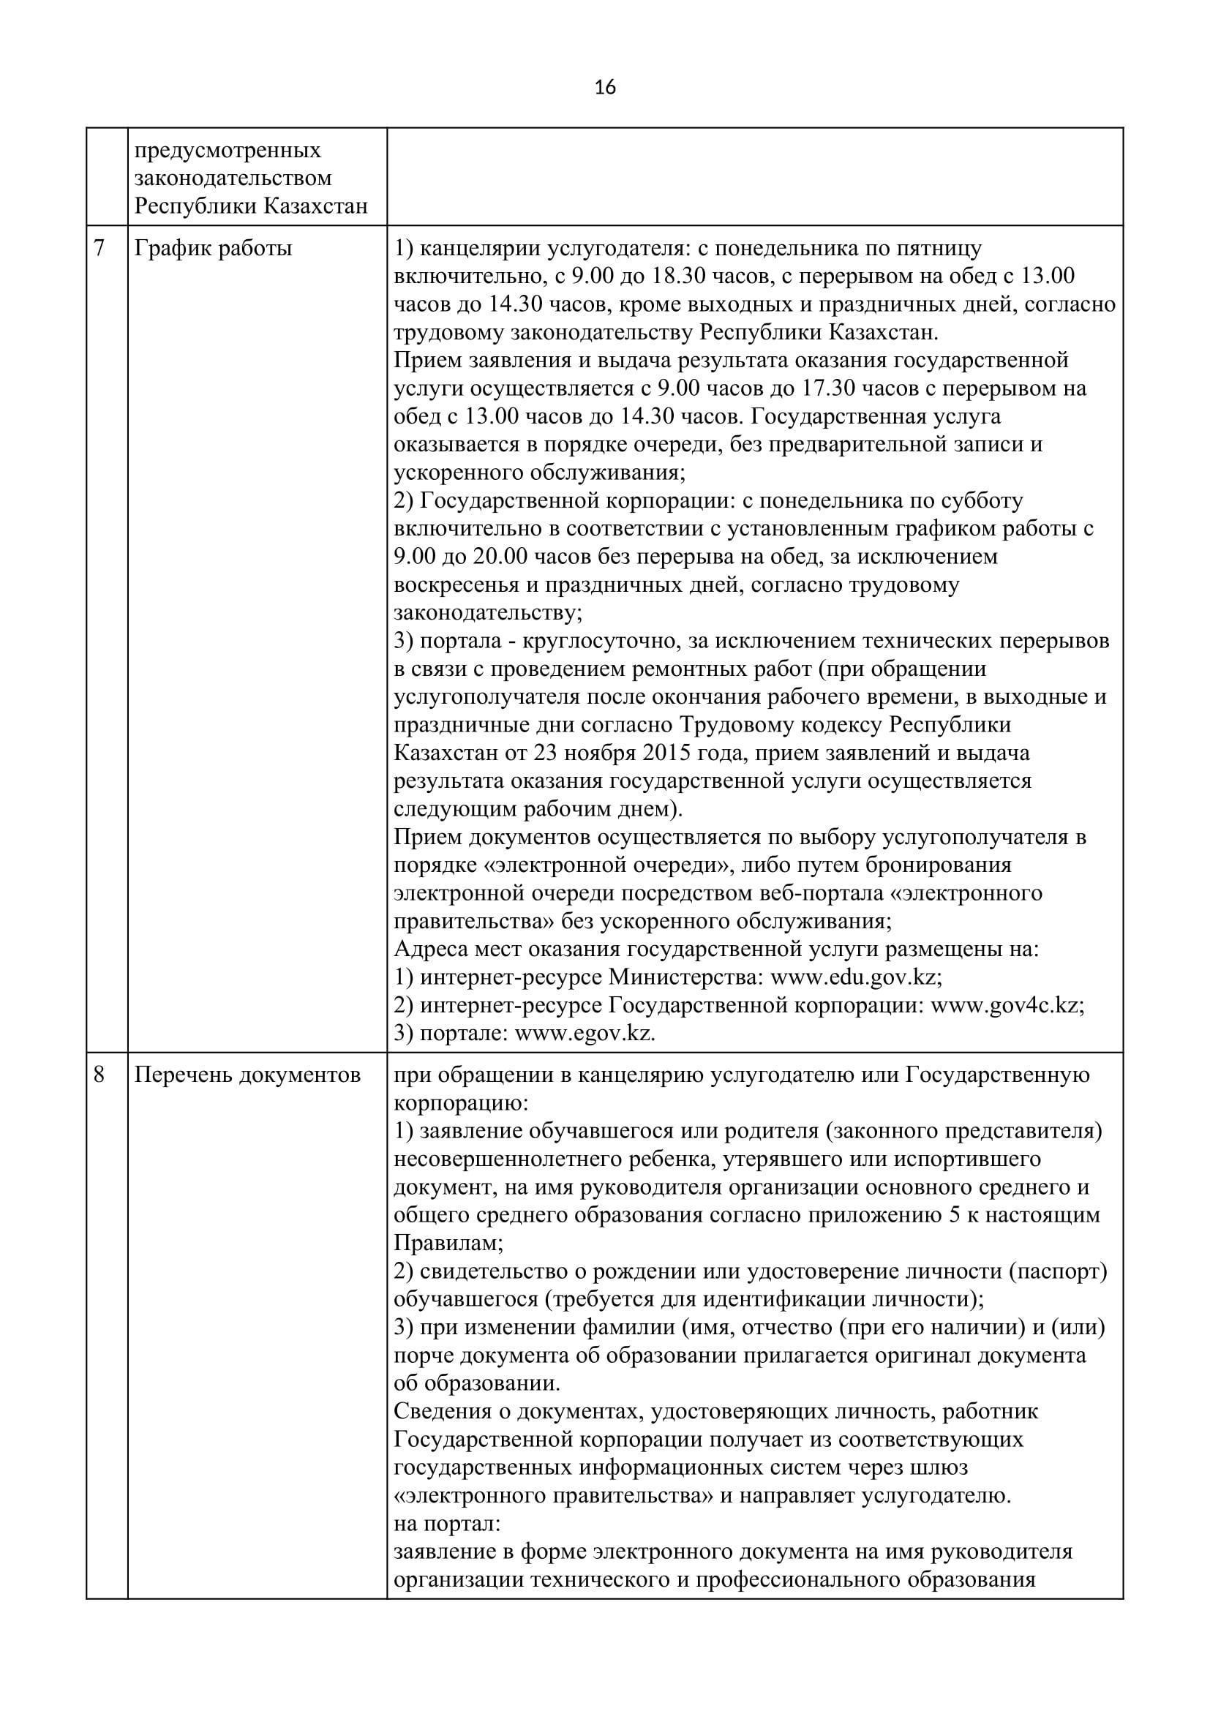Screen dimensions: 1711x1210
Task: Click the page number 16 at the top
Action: [605, 88]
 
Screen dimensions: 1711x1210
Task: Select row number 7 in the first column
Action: [99, 248]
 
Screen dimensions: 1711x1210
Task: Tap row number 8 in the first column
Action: [99, 1075]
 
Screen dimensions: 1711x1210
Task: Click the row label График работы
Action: [213, 248]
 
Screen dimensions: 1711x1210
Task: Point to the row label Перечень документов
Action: [247, 1075]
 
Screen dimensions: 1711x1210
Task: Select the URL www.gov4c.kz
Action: [1006, 1005]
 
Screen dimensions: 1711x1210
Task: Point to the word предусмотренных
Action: [228, 151]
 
